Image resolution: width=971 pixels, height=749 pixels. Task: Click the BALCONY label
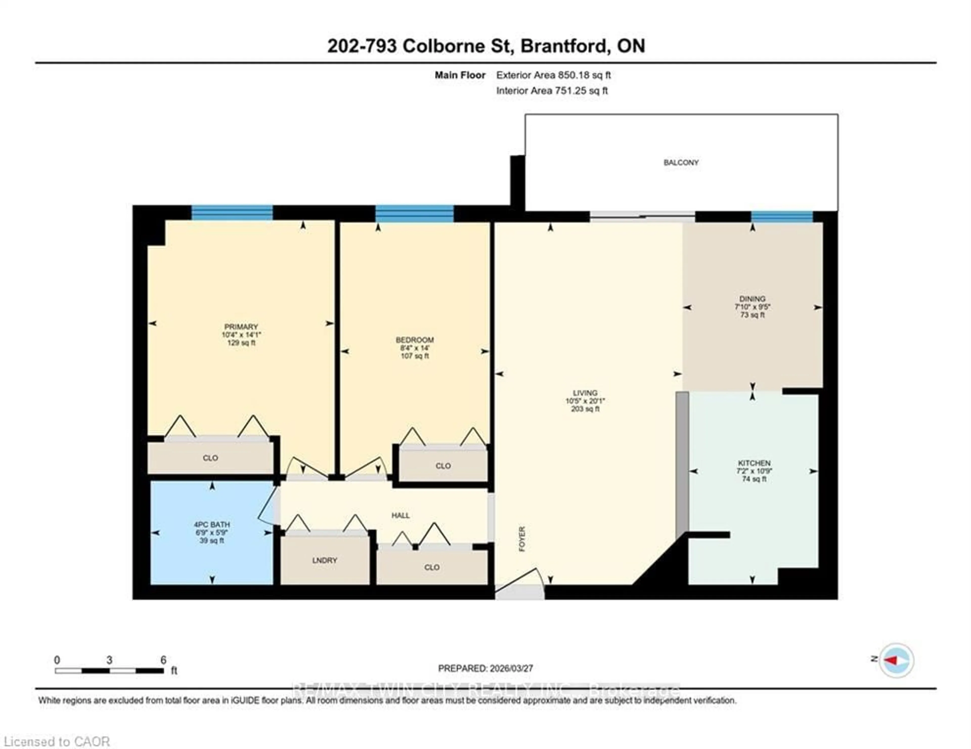(x=681, y=162)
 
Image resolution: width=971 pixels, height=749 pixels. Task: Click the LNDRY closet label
(x=325, y=560)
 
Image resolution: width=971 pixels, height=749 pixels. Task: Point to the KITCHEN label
(x=754, y=463)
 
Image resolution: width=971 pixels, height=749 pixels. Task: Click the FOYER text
(x=522, y=539)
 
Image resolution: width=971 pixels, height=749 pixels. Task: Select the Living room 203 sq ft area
(x=585, y=409)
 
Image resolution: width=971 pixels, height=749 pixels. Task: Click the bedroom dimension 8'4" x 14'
(x=414, y=348)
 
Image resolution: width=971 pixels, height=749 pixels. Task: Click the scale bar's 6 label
(x=163, y=660)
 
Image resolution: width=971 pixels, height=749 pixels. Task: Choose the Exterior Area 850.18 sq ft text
(x=554, y=75)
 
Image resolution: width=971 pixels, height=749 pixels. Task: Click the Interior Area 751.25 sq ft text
(x=552, y=91)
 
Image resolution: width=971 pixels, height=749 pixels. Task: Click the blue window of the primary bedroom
(x=232, y=213)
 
